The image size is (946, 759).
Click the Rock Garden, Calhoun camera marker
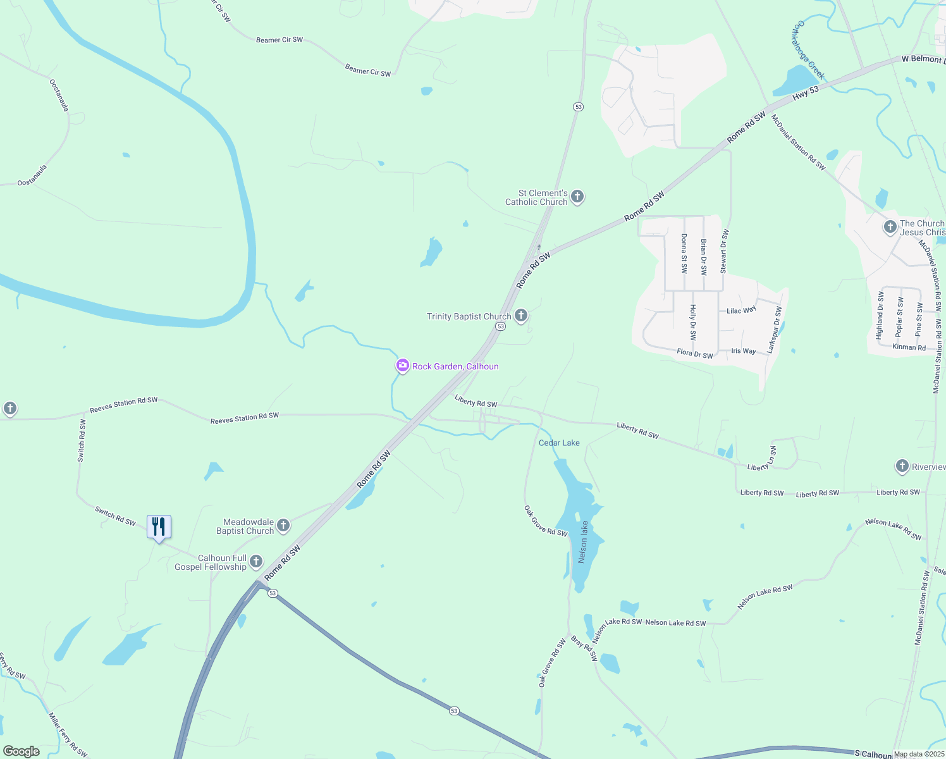tap(402, 366)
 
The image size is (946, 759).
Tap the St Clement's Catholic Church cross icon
tap(577, 197)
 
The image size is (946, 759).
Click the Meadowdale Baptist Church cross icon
tap(283, 525)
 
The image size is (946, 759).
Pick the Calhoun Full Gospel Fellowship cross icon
tap(256, 561)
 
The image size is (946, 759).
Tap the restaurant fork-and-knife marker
tap(159, 526)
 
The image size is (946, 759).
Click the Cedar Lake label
tap(559, 443)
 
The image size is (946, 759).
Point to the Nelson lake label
tap(584, 542)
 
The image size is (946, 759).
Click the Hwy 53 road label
tap(805, 92)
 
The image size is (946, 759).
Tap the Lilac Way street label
tap(741, 311)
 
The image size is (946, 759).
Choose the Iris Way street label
tap(743, 351)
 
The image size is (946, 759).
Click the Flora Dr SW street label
tap(694, 354)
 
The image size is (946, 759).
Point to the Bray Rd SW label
tap(584, 648)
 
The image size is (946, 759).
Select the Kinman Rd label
tap(909, 347)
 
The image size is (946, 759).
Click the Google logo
tap(21, 751)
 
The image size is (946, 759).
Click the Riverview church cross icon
tap(902, 466)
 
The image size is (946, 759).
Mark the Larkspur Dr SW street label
tap(775, 330)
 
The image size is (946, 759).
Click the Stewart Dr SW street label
tap(724, 251)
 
